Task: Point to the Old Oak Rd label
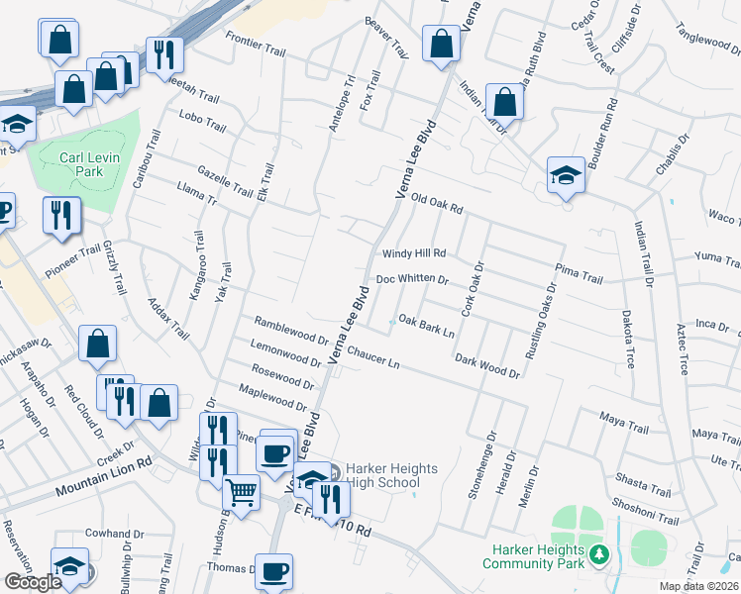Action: [x=437, y=203]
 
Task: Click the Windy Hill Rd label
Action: [x=415, y=253]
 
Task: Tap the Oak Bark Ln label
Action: [x=426, y=326]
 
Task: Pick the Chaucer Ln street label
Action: [x=373, y=357]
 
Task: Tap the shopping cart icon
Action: [x=241, y=491]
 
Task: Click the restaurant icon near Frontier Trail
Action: [x=161, y=53]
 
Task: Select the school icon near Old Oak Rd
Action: [x=566, y=175]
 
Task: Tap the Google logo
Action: [x=33, y=582]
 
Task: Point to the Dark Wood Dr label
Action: [x=487, y=366]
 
